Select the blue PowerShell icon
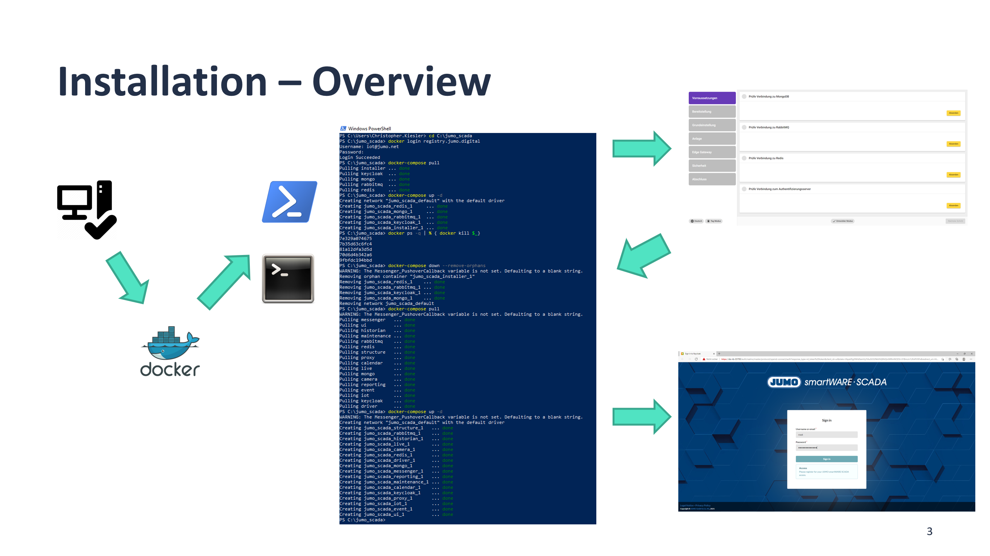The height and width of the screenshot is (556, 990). click(289, 202)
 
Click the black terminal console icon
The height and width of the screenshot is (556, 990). click(288, 278)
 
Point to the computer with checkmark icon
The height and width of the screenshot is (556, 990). click(87, 209)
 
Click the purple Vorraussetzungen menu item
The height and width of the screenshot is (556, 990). click(712, 98)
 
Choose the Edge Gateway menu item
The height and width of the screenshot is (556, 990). click(712, 152)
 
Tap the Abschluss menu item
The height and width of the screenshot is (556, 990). click(712, 179)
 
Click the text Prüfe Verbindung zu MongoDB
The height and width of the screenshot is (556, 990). click(768, 97)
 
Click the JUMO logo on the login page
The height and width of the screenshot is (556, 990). click(783, 382)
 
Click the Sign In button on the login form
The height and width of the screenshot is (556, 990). click(826, 459)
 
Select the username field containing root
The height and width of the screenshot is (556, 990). click(826, 435)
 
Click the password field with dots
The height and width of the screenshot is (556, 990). click(826, 447)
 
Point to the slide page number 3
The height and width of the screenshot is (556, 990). click(929, 531)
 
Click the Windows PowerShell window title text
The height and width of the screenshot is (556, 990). click(369, 129)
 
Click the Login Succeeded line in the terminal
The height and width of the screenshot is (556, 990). click(360, 157)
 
